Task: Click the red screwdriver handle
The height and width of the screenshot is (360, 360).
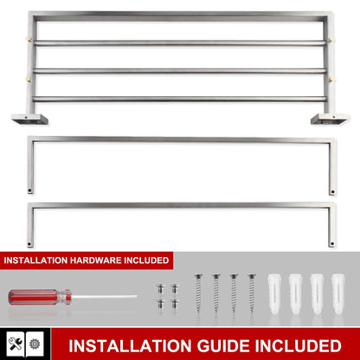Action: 34,297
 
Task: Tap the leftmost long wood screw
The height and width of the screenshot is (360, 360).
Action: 198,298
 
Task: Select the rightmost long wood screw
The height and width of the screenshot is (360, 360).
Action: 252,298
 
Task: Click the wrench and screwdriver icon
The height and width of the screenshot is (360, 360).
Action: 16,343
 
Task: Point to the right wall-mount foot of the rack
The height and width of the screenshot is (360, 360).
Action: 331,117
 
